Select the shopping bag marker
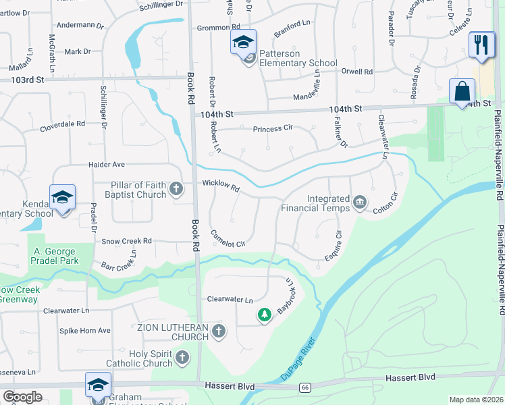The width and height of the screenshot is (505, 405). pyautogui.click(x=462, y=90)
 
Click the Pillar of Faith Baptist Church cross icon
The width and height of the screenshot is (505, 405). pyautogui.click(x=176, y=188)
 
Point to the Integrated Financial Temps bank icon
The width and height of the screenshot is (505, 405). pyautogui.click(x=360, y=201)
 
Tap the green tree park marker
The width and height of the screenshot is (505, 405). pyautogui.click(x=265, y=315)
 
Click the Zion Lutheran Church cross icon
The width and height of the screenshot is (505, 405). pyautogui.click(x=217, y=331)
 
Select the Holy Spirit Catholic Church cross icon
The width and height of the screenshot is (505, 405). pyautogui.click(x=182, y=357)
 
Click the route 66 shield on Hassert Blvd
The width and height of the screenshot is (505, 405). pyautogui.click(x=305, y=387)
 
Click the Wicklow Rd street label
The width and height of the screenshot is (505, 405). pyautogui.click(x=220, y=185)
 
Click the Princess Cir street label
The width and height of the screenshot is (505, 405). pyautogui.click(x=273, y=128)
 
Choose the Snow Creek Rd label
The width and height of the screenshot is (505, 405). pyautogui.click(x=126, y=241)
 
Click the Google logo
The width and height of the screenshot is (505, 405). pyautogui.click(x=22, y=397)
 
